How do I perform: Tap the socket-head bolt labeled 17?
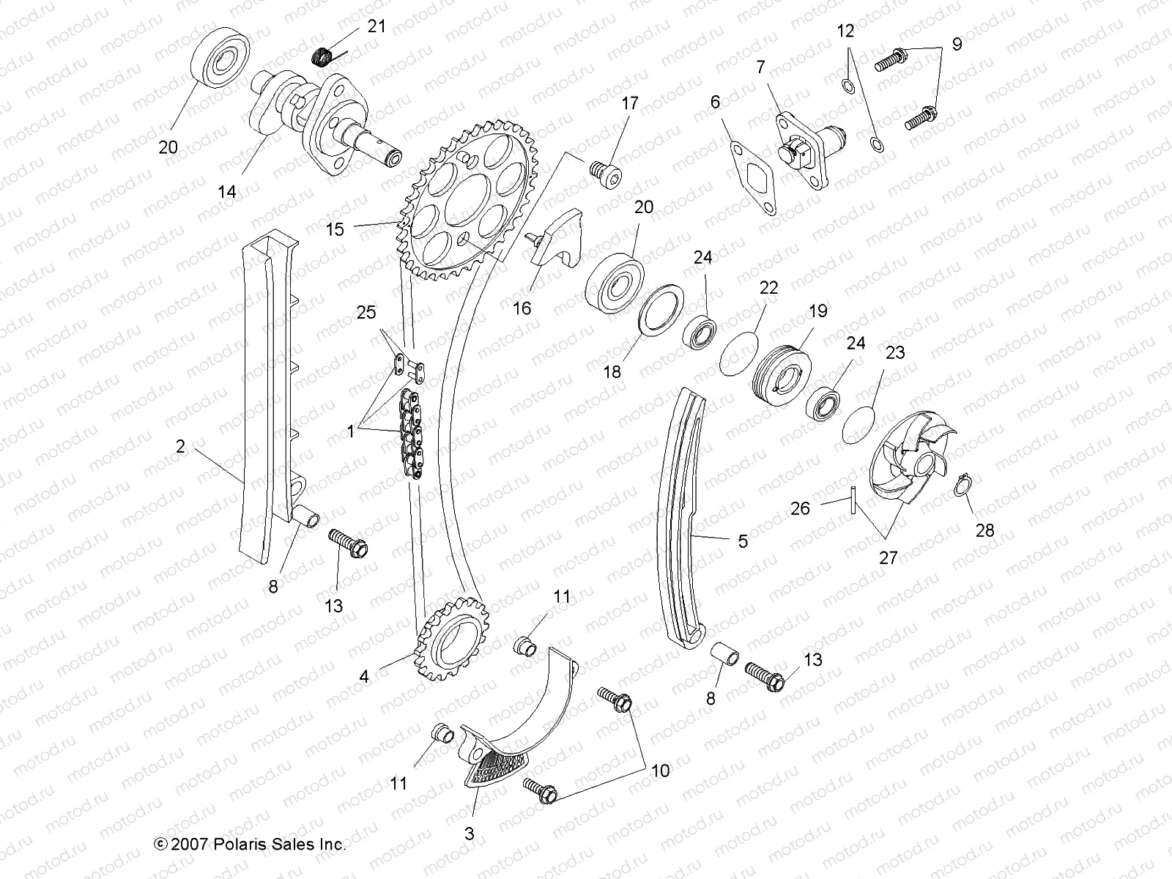tap(626, 171)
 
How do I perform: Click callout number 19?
tap(817, 311)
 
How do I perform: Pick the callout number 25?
tap(366, 313)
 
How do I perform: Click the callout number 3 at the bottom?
tap(470, 834)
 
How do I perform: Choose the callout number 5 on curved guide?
tap(743, 541)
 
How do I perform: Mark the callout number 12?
tap(845, 31)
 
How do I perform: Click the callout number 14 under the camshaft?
tap(227, 192)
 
